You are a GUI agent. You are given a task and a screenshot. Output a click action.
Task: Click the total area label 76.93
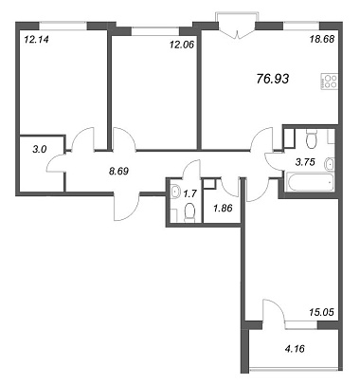(273, 79)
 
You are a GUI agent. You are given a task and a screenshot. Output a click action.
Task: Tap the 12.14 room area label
(36, 40)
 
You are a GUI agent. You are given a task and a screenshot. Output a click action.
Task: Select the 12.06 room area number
(181, 45)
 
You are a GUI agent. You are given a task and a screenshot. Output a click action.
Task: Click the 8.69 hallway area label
(118, 171)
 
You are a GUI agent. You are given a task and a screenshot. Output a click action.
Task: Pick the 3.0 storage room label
(40, 149)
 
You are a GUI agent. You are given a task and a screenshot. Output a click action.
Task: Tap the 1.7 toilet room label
(189, 193)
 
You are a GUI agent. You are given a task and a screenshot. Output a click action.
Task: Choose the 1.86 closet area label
(223, 208)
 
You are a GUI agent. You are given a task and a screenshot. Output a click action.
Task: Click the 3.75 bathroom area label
(305, 162)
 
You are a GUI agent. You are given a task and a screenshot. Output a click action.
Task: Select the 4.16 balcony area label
(295, 349)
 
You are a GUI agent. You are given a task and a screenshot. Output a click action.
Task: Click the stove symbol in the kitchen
(330, 82)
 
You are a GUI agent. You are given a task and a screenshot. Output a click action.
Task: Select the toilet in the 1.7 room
(189, 211)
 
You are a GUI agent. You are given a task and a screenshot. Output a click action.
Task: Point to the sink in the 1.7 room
(174, 191)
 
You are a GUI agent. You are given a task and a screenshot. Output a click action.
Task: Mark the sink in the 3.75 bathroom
(329, 163)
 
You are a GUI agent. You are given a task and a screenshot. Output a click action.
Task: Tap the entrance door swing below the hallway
(126, 207)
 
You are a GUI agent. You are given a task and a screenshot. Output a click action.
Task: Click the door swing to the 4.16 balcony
(274, 310)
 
